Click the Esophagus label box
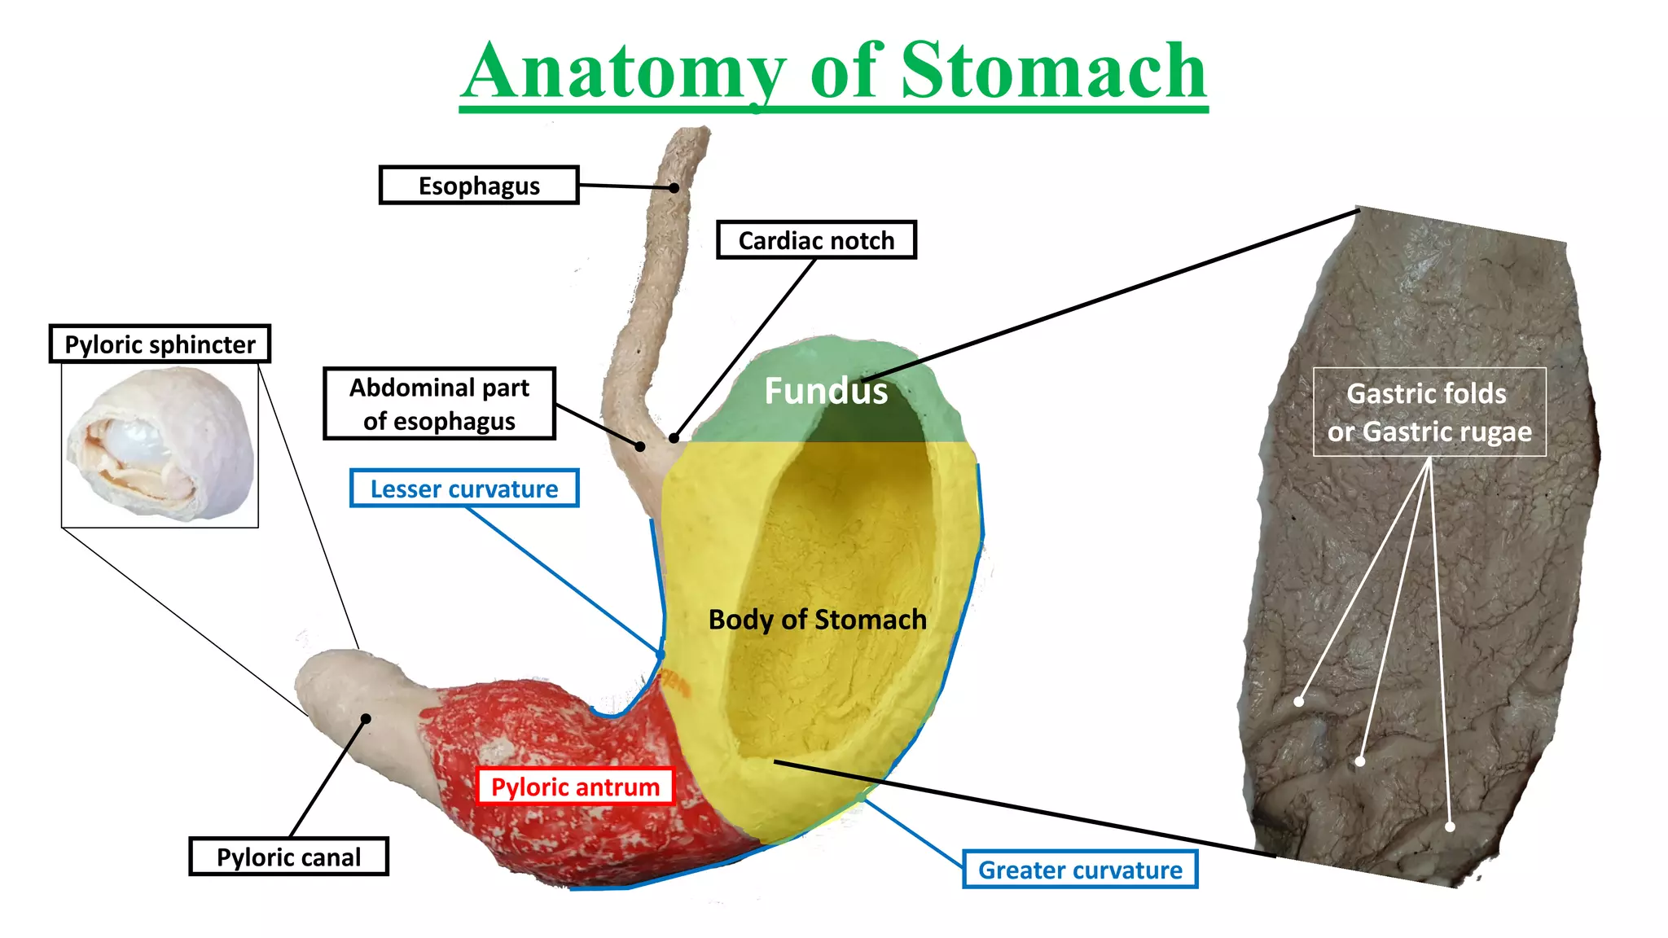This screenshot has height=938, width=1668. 479,186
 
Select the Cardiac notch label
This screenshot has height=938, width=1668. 816,240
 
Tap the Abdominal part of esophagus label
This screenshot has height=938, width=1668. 439,404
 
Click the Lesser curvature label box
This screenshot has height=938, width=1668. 464,489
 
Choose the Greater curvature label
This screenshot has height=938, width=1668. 1080,870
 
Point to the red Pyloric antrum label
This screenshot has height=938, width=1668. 575,787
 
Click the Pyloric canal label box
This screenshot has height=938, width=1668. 288,857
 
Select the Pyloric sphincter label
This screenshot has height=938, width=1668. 160,344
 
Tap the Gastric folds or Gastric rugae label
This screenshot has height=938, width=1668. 1429,412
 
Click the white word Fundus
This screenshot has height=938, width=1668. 826,392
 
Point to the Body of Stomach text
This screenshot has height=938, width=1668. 818,620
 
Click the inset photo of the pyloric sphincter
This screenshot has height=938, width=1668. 160,445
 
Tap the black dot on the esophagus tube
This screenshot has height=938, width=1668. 674,188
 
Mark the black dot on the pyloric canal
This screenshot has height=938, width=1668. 367,718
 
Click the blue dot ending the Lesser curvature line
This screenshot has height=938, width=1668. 661,654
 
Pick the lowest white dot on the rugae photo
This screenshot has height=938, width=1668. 1450,826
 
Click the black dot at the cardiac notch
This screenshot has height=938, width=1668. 674,438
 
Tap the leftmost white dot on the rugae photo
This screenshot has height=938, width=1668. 1299,701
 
